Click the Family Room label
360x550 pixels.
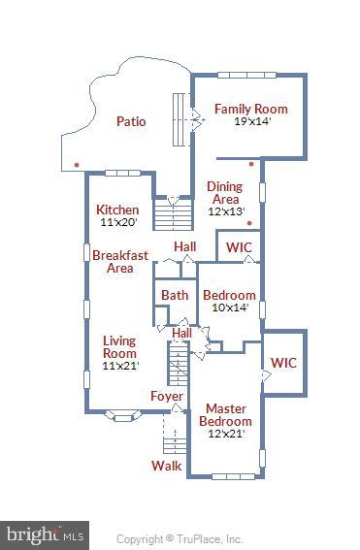[251, 109]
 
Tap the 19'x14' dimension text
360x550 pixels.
[252, 121]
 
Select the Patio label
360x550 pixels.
[131, 121]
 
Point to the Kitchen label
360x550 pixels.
[117, 210]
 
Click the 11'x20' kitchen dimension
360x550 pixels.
[118, 222]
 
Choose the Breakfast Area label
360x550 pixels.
[120, 262]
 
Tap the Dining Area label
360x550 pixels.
[225, 193]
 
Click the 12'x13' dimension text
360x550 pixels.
[226, 211]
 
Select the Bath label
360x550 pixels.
[175, 295]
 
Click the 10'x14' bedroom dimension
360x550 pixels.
[230, 307]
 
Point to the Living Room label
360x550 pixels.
[119, 347]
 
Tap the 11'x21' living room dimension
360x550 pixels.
[120, 366]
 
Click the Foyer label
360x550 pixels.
[167, 397]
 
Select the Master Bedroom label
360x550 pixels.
[226, 414]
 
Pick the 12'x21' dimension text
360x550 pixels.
[226, 434]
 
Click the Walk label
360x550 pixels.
[167, 467]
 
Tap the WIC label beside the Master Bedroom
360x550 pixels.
[283, 363]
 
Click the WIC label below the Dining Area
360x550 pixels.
[239, 247]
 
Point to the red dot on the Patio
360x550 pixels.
[77, 165]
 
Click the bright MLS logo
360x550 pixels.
[45, 535]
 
